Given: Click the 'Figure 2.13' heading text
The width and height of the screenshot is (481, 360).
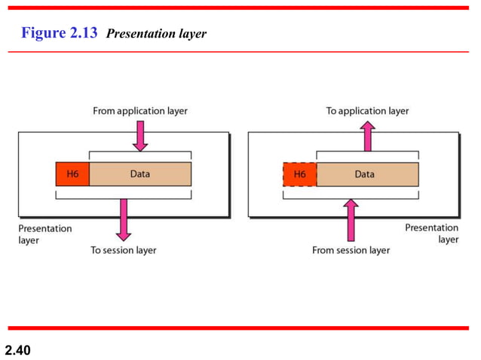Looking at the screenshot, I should (x=60, y=33).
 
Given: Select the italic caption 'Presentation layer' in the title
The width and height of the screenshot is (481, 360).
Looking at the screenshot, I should (x=157, y=34).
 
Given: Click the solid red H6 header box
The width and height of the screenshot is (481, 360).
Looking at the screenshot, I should (x=72, y=174).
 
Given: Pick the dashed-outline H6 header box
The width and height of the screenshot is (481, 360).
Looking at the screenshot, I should (x=299, y=174).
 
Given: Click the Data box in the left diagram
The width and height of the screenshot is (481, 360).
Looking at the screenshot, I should (x=140, y=174).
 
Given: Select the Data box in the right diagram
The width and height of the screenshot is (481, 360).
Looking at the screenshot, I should (x=366, y=174).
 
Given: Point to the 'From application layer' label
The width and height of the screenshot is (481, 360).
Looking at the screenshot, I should (x=140, y=111).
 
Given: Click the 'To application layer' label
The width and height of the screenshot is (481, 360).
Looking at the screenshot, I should (x=367, y=111).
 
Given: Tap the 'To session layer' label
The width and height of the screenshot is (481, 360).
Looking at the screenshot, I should (x=124, y=250).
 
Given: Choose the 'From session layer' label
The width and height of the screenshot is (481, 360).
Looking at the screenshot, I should (x=351, y=250).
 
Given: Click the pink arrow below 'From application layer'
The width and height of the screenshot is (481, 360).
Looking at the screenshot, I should (x=141, y=135).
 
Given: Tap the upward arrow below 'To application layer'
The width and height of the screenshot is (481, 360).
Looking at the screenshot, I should (x=367, y=136).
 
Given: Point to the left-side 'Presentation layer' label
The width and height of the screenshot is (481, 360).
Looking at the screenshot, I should (x=45, y=233).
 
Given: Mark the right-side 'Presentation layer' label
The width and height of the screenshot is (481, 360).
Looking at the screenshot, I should (x=431, y=233).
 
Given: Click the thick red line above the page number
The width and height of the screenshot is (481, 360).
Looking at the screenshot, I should (x=240, y=328).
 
